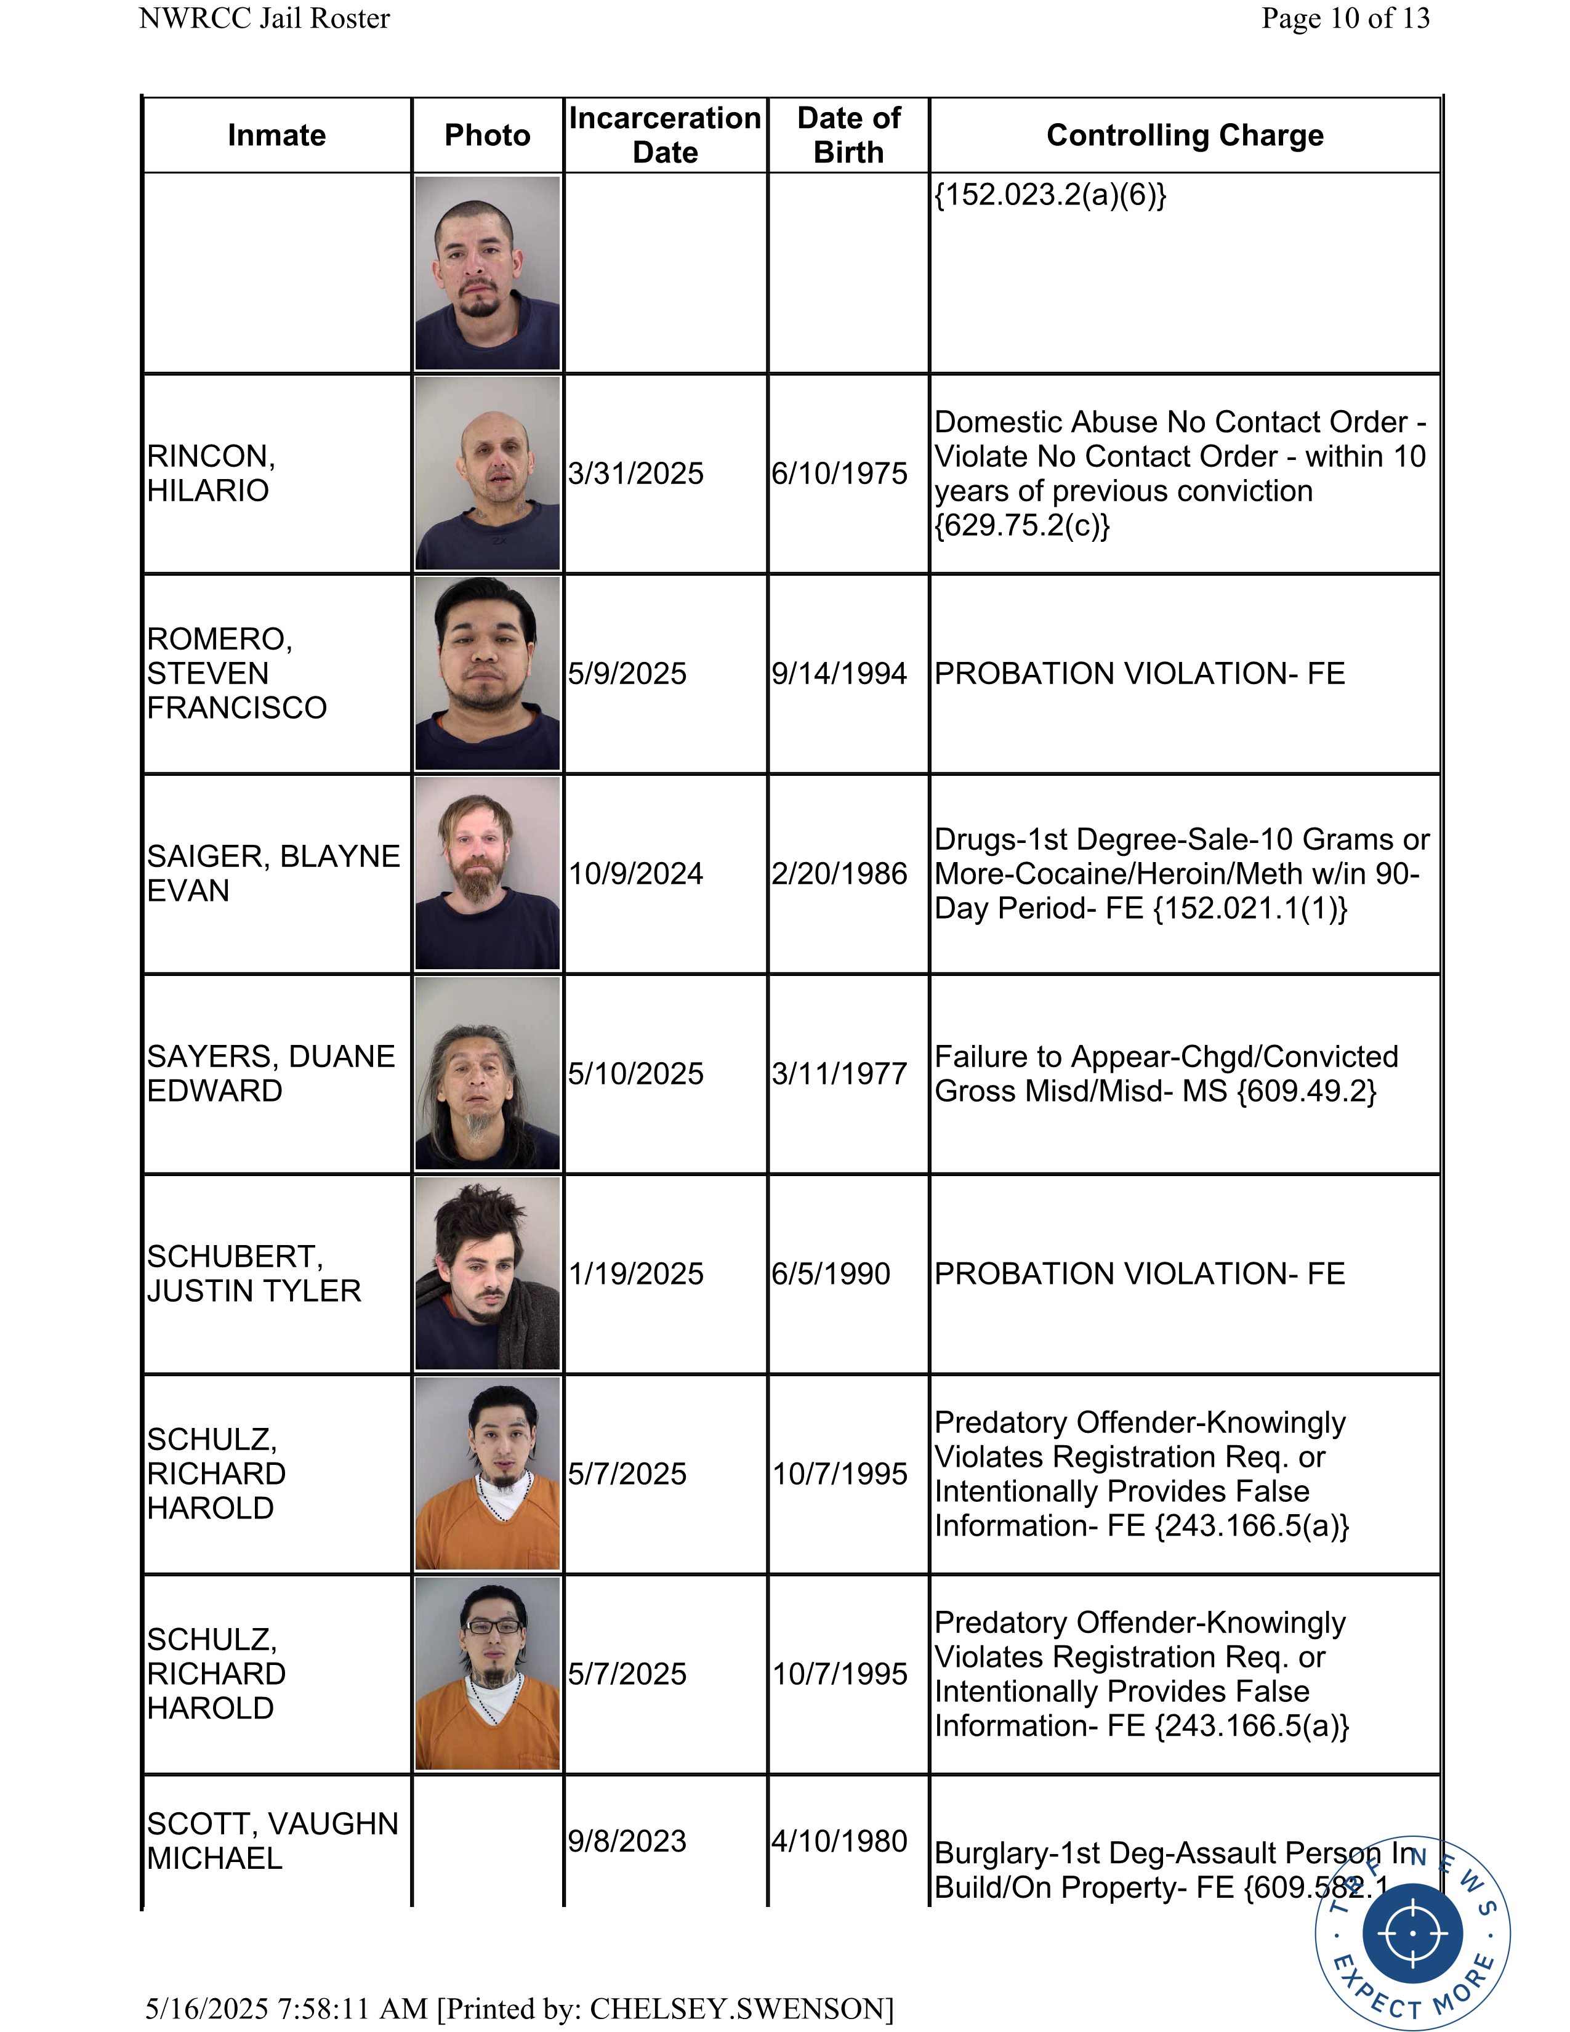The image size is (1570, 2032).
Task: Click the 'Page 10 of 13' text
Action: [1345, 18]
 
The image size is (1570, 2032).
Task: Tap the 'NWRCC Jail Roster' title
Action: [264, 18]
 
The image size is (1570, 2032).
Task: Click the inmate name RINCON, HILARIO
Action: [211, 474]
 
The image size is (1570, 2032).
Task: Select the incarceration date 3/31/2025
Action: [636, 474]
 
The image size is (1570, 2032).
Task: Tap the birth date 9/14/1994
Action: [839, 674]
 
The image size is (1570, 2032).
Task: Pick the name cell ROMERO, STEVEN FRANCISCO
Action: [236, 674]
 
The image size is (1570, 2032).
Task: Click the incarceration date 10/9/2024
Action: [636, 874]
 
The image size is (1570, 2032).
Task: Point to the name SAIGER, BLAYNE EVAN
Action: [273, 874]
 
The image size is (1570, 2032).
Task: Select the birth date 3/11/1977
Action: [839, 1074]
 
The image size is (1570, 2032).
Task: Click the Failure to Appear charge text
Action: [1165, 1074]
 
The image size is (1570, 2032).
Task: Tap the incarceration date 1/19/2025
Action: [636, 1274]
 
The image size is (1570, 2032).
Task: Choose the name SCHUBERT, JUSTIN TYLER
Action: [254, 1274]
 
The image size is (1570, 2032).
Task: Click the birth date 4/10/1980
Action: [839, 1841]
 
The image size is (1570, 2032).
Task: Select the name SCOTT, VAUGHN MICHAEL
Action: [273, 1841]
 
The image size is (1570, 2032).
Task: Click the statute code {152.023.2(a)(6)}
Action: [1050, 195]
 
